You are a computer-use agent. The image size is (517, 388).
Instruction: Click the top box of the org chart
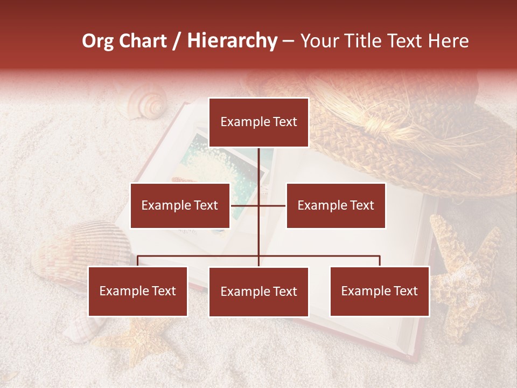tap(258, 122)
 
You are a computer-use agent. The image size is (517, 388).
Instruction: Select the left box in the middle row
tap(180, 205)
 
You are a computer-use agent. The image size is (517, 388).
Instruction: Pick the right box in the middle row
tap(336, 205)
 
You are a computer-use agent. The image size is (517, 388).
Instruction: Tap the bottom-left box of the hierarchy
tap(138, 291)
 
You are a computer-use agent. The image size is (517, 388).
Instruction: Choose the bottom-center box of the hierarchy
tap(258, 292)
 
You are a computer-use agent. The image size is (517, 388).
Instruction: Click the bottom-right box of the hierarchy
tap(380, 291)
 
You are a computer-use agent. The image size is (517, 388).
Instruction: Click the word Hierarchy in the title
tap(232, 41)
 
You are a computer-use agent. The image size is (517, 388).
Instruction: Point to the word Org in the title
tap(99, 41)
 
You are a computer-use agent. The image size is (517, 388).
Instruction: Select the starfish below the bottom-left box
tap(143, 342)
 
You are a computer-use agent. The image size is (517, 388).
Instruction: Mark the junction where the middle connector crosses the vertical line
tap(258, 205)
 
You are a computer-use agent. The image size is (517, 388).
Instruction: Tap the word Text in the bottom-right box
tap(406, 291)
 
